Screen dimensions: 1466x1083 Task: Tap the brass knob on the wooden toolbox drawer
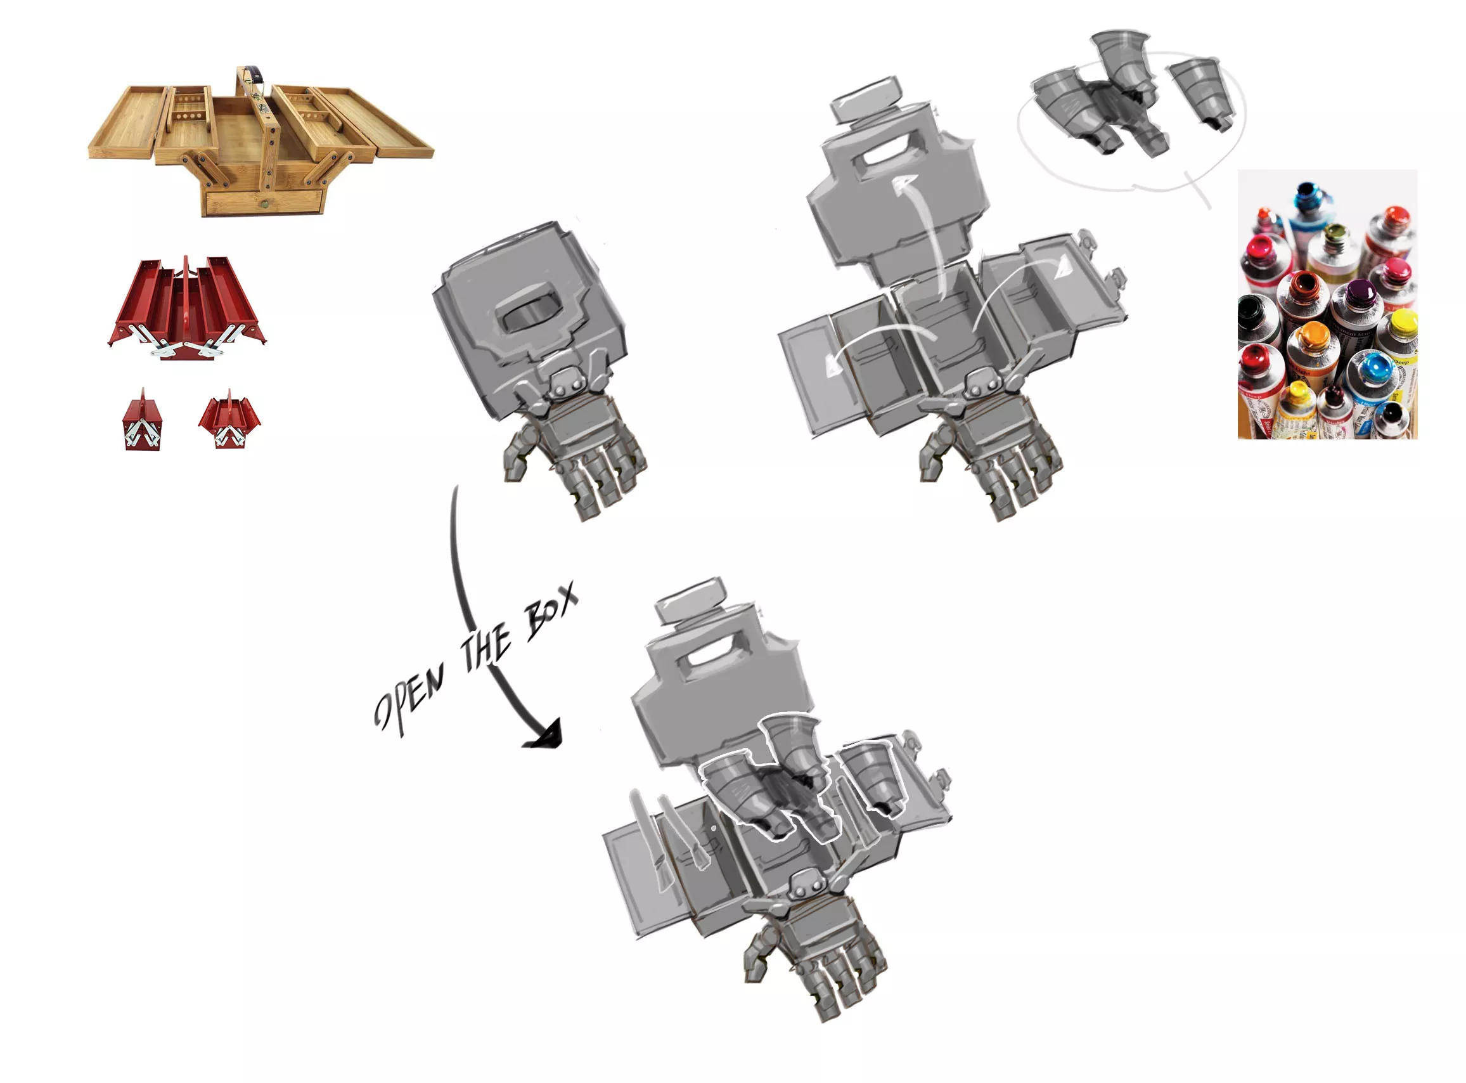(x=264, y=204)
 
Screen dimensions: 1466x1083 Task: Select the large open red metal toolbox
(x=187, y=308)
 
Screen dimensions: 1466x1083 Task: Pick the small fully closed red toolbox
(x=143, y=420)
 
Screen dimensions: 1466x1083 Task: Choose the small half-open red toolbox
(x=229, y=420)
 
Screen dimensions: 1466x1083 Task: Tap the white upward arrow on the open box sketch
(x=921, y=236)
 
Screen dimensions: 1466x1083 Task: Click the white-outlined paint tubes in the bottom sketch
(x=803, y=777)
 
